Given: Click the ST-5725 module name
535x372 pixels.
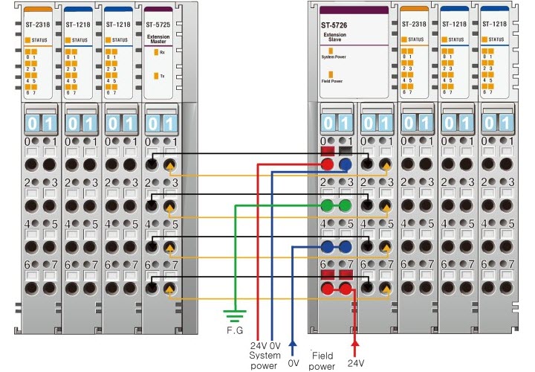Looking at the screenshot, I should (x=157, y=24).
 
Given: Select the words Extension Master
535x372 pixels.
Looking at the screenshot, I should (x=158, y=39).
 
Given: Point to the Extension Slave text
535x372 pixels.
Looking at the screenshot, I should (x=334, y=39).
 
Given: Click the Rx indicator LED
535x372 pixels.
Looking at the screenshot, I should (x=155, y=52).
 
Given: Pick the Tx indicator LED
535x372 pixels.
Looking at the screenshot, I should (x=155, y=75).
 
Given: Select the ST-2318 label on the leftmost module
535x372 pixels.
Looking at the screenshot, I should (x=36, y=24).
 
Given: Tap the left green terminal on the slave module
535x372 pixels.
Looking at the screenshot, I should (x=327, y=205).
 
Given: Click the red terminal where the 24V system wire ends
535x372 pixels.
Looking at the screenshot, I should (x=327, y=165).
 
